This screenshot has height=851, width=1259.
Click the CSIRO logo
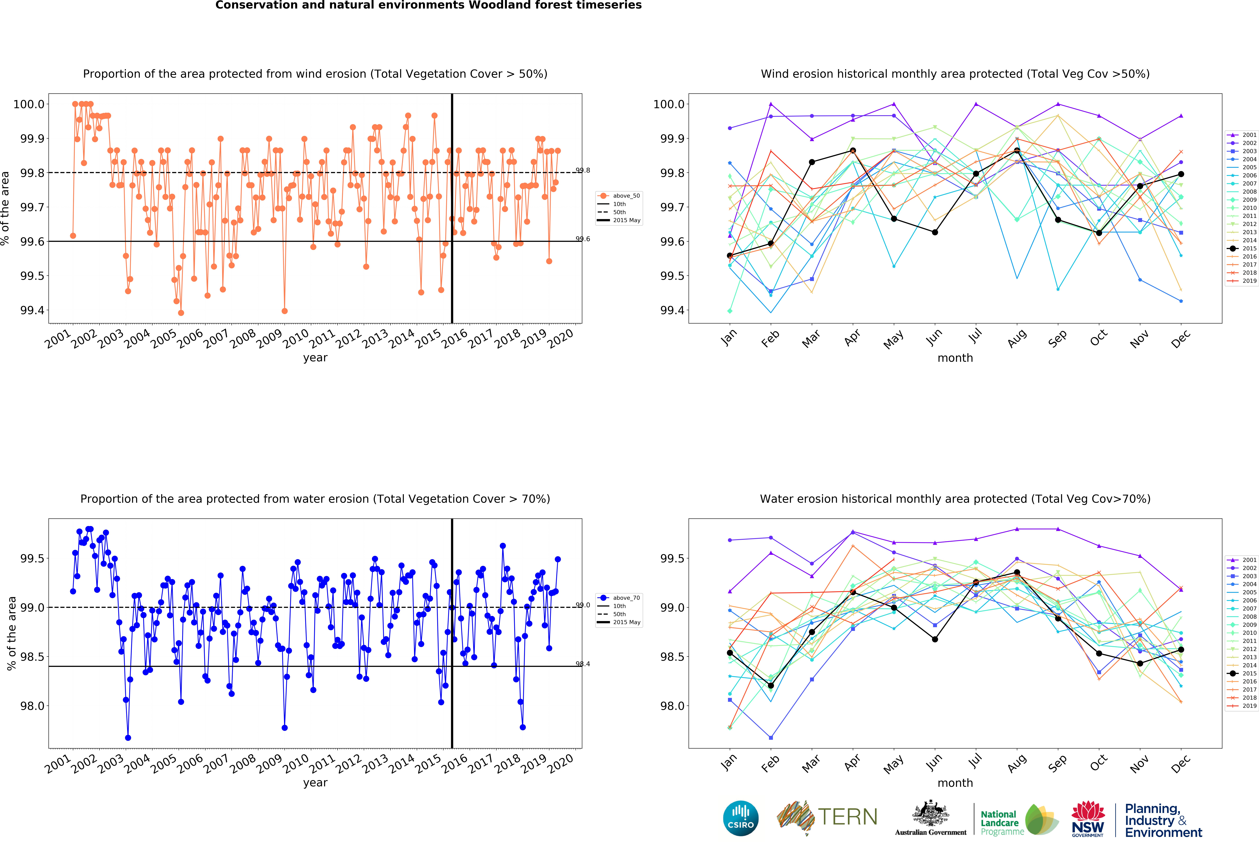(741, 818)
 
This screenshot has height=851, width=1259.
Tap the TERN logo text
(847, 817)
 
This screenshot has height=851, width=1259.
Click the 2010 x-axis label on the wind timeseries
(296, 339)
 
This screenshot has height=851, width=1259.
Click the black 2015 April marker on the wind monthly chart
(853, 151)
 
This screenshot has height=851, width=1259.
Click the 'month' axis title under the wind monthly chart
(955, 358)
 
